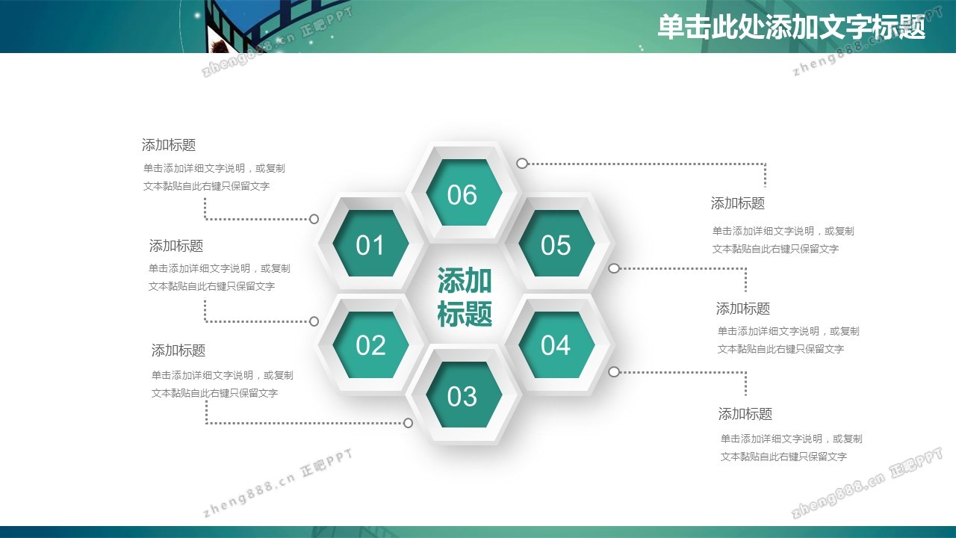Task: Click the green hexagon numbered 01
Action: (370, 244)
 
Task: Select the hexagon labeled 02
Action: (370, 344)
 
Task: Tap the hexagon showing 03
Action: (464, 395)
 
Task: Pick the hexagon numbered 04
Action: (556, 344)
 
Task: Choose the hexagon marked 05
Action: (556, 244)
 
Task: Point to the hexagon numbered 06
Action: (464, 193)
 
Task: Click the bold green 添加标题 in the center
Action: (465, 297)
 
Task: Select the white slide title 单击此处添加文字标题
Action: (791, 26)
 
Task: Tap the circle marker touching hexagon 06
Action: (522, 163)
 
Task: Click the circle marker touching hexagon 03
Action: (408, 423)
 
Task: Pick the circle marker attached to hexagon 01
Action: (314, 219)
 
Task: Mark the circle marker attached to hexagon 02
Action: (314, 321)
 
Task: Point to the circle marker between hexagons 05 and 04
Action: (614, 268)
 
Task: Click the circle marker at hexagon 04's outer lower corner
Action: (614, 372)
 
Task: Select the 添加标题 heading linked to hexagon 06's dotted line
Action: (737, 203)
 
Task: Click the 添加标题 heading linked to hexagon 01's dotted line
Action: (169, 145)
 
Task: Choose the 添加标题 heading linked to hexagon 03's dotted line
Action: (179, 350)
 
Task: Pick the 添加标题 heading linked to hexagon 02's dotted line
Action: (176, 246)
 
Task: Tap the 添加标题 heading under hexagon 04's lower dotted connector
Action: (745, 414)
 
